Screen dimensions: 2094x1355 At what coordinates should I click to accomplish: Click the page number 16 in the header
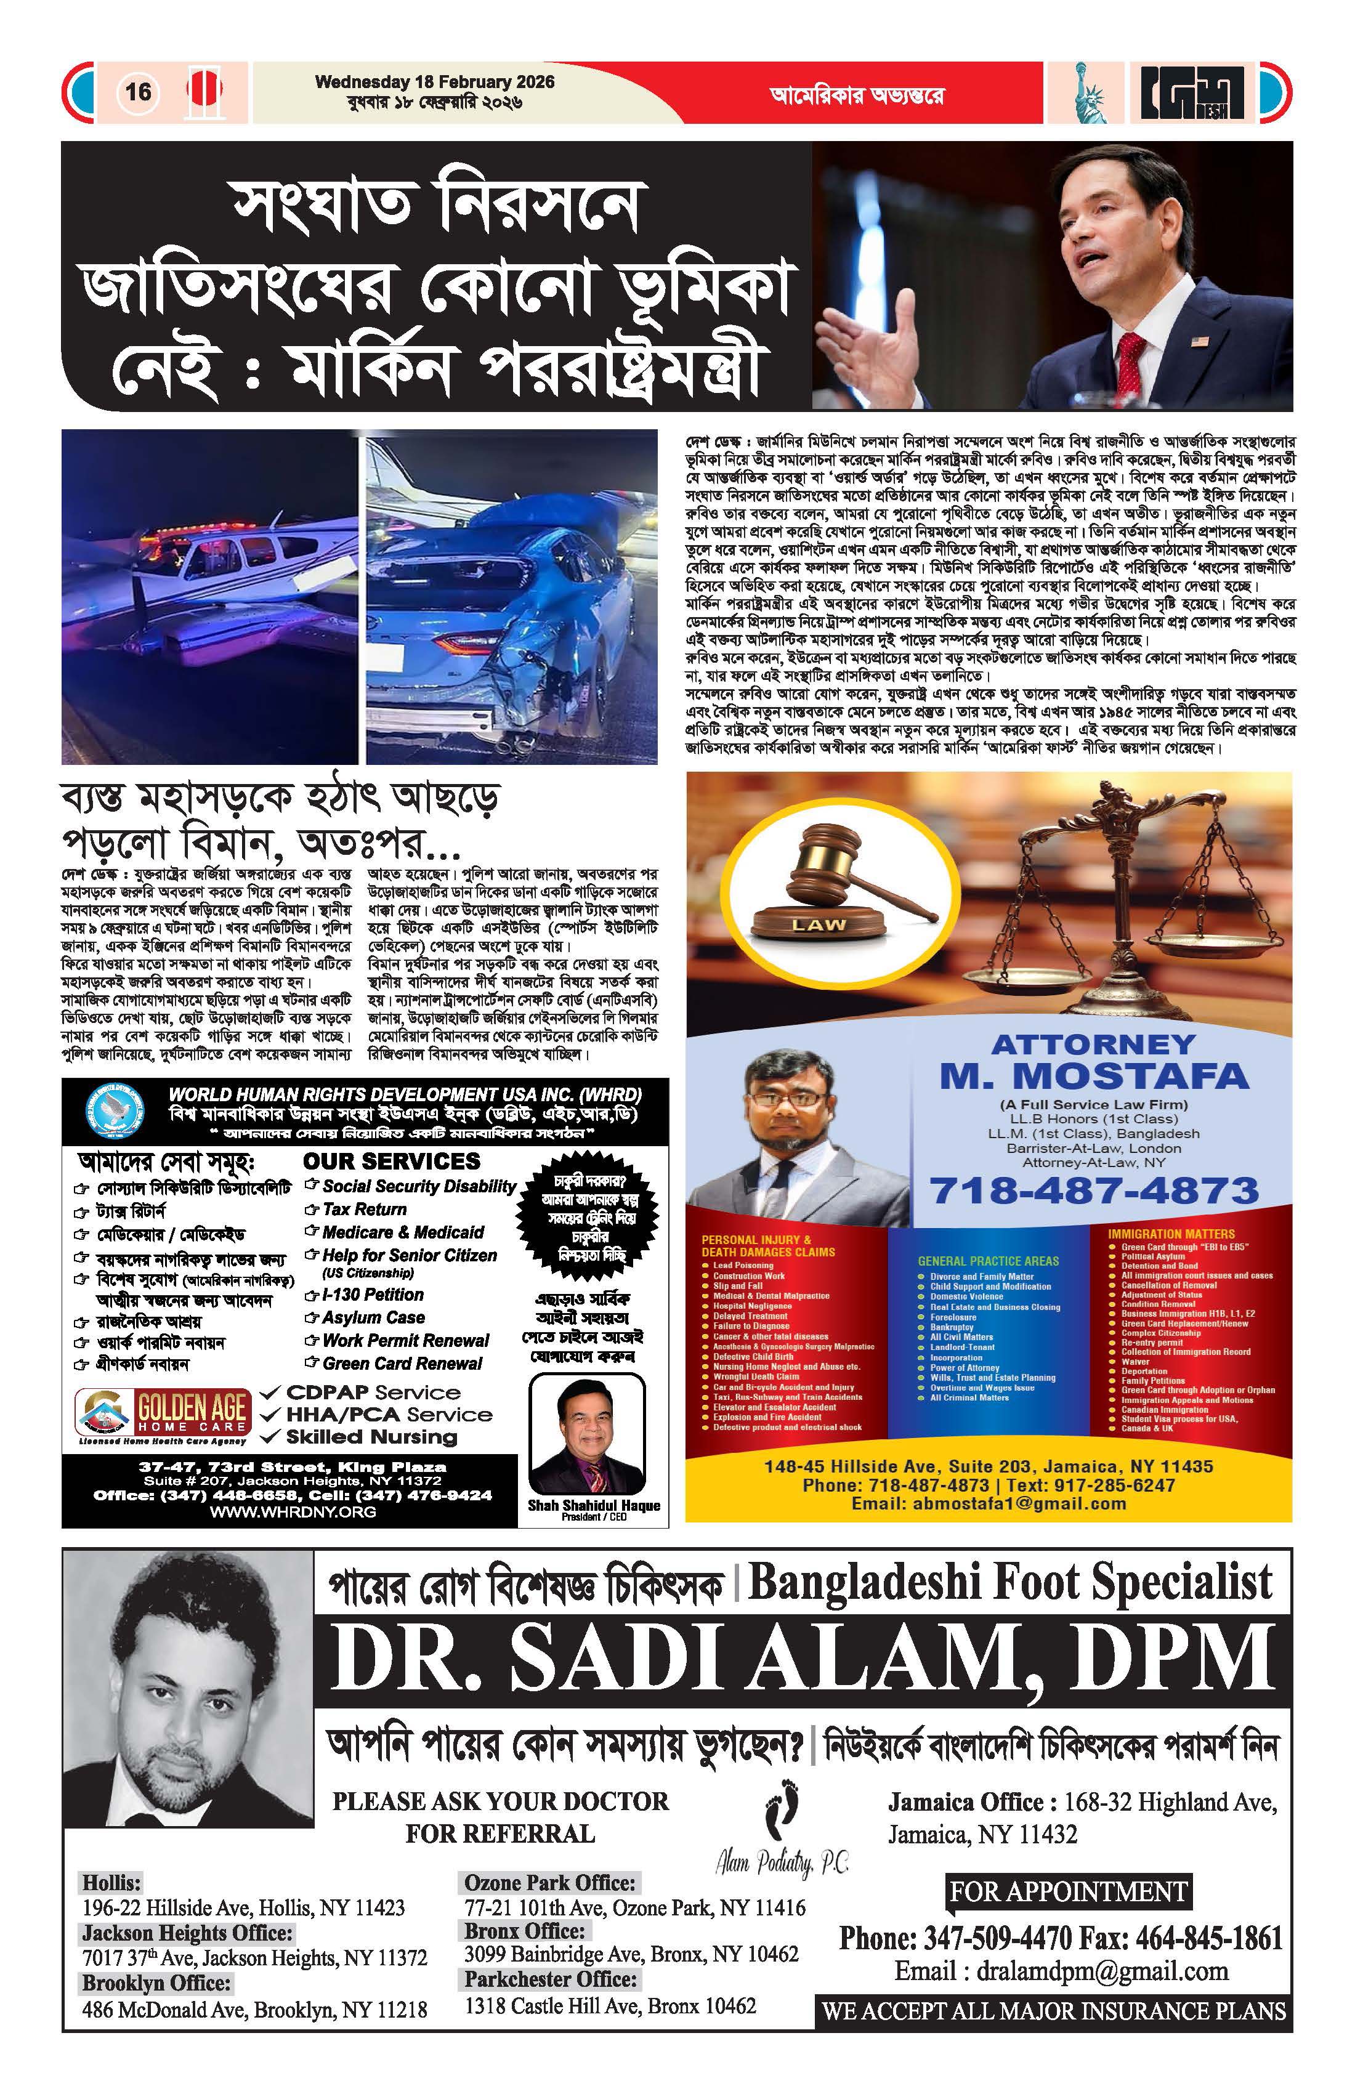coord(138,92)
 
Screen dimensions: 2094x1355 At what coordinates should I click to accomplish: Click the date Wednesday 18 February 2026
coord(435,82)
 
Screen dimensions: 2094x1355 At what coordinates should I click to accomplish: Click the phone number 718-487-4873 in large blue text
coord(1094,1191)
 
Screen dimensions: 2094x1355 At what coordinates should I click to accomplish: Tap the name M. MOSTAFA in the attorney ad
coord(1094,1076)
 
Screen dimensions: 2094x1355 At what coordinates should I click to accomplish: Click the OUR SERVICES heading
coord(392,1162)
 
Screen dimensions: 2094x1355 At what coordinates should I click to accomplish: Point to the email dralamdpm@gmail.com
coord(1061,1971)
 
